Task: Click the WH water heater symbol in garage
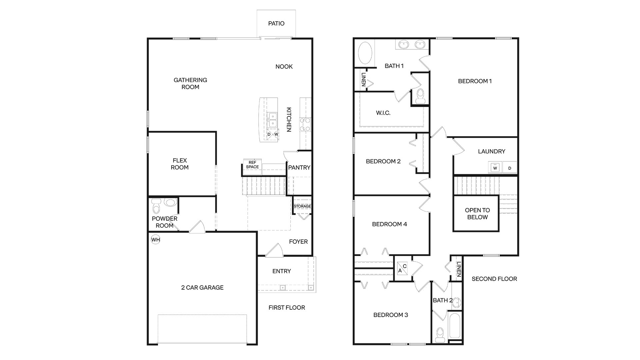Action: click(156, 240)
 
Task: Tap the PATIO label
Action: click(276, 23)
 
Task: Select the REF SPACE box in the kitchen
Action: click(252, 165)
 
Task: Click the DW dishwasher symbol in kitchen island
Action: click(273, 134)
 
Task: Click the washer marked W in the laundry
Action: click(495, 168)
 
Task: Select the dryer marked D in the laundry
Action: click(509, 168)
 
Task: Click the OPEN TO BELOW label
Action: click(477, 214)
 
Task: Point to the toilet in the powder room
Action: click(156, 207)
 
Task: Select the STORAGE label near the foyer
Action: click(302, 206)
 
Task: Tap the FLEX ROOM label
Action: click(180, 164)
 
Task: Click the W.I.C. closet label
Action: click(383, 113)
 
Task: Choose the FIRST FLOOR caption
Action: click(287, 308)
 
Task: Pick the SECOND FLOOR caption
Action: click(494, 279)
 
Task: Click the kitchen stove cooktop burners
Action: click(305, 124)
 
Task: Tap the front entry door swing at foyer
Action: click(274, 250)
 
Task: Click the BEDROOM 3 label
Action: click(391, 315)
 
